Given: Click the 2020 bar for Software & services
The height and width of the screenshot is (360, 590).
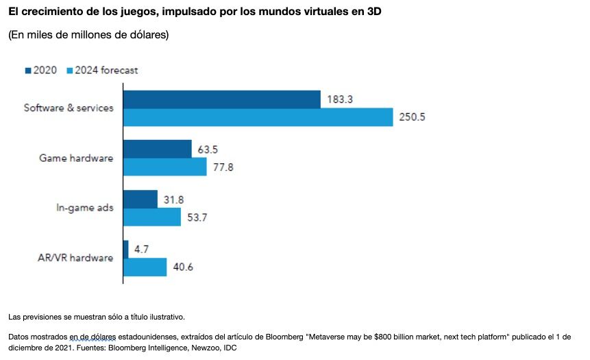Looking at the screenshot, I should point(221,99).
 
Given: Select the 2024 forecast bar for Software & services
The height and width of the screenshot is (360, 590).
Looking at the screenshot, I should point(258,117).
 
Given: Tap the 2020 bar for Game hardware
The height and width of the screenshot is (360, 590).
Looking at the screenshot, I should point(157,149).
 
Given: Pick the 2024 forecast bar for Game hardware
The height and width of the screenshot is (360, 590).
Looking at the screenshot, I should point(164,167).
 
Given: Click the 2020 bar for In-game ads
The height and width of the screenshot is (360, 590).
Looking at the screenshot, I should point(140,199).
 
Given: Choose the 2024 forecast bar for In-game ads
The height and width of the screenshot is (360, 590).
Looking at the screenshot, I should point(151,217).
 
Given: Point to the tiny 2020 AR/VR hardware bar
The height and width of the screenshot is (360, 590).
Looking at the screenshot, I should point(125,249).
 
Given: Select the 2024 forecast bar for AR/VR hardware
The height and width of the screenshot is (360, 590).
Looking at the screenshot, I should point(145,267).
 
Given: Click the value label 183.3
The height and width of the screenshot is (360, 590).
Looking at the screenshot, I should point(340,99).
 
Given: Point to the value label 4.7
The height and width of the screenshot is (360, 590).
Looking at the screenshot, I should point(142,249).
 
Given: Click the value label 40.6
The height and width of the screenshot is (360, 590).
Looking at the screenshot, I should point(183,267).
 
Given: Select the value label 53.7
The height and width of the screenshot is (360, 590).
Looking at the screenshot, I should point(198,217).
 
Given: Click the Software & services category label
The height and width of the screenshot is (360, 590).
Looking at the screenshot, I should point(69,108).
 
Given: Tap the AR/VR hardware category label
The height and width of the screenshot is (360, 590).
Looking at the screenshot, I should point(75,258).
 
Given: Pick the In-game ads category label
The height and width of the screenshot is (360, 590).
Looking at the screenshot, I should point(85,208).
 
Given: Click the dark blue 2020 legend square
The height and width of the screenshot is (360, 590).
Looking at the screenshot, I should point(28,70).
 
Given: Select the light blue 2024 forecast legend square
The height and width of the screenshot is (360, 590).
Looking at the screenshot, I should point(69,70).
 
